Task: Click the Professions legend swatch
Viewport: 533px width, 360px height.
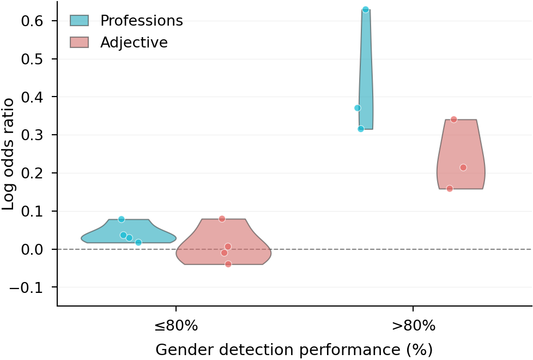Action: tap(79, 21)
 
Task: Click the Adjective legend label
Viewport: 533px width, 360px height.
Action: tap(134, 43)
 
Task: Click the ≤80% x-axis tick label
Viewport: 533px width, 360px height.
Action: tap(175, 326)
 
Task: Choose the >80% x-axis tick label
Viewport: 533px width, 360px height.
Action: tap(413, 326)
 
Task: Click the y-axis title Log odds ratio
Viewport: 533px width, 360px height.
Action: tap(9, 154)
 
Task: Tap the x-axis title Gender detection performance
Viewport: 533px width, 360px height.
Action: tap(294, 350)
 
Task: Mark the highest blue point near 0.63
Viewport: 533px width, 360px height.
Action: tap(366, 10)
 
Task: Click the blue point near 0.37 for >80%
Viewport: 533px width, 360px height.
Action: tap(358, 108)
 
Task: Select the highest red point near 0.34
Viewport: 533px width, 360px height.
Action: tap(453, 119)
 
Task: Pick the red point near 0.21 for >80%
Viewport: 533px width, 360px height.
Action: tap(463, 167)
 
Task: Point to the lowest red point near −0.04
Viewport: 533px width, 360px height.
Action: tap(228, 264)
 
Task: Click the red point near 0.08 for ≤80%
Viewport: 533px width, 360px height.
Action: tap(222, 219)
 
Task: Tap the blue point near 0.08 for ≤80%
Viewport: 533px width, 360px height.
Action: tap(122, 219)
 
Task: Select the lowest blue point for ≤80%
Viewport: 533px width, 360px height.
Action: tap(138, 242)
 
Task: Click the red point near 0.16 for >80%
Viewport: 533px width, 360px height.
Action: tap(450, 189)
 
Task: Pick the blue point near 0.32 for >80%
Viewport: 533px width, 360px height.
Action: tap(361, 129)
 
